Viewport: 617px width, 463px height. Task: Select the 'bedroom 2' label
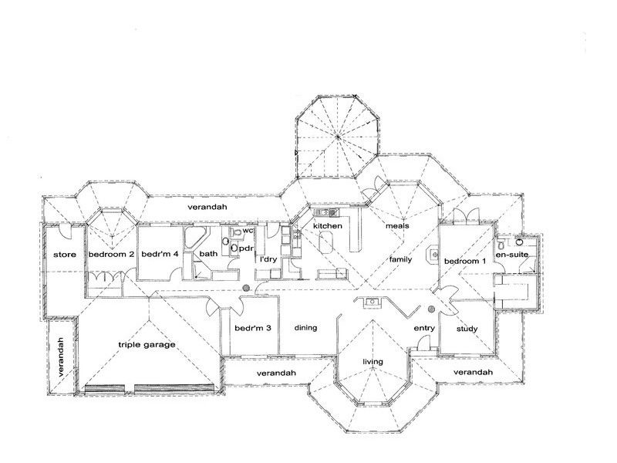(111, 254)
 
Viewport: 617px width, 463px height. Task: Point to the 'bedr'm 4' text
(160, 254)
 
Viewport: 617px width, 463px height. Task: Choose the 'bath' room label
(208, 254)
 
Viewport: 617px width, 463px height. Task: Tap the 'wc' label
(248, 231)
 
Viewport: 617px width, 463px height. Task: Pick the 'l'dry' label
(268, 259)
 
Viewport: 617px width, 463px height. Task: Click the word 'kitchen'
(327, 226)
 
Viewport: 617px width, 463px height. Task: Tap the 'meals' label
(402, 226)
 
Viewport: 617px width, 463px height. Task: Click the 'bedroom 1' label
(465, 261)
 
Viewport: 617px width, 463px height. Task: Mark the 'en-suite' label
(512, 255)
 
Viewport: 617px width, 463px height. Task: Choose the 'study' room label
(467, 330)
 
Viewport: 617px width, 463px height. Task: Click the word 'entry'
(425, 329)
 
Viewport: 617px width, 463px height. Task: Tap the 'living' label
(373, 362)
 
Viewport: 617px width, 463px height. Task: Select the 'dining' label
(306, 328)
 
